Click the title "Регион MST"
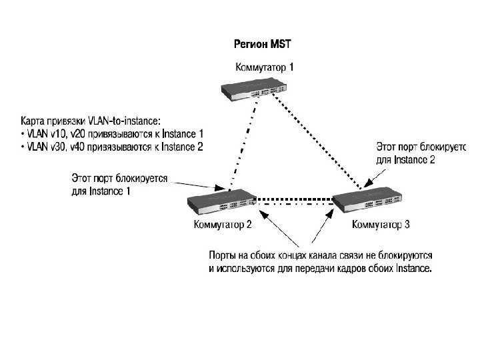pyautogui.click(x=263, y=45)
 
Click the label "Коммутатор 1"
pyautogui.click(x=264, y=67)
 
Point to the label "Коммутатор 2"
pyautogui.click(x=222, y=224)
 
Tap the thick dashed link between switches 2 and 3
pyautogui.click(x=293, y=198)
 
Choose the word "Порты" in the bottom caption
pyautogui.click(x=221, y=256)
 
